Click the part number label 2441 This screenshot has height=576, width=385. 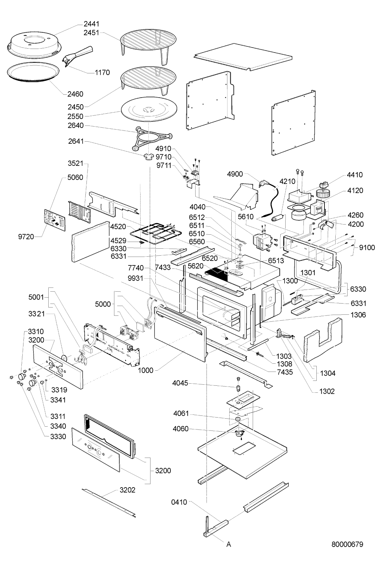[x=91, y=24]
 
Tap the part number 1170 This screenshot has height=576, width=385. [x=102, y=72]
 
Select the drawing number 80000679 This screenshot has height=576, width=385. [x=348, y=545]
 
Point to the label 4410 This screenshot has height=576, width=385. [x=355, y=175]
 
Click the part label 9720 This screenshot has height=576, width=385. [x=26, y=237]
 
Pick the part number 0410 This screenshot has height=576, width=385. [x=179, y=503]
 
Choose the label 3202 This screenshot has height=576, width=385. [x=127, y=490]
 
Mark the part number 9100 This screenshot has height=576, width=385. [x=367, y=248]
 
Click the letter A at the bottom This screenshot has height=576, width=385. [x=228, y=545]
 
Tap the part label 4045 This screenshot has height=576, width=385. [x=180, y=383]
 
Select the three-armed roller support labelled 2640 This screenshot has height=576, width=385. [x=148, y=138]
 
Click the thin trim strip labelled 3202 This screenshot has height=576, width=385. [x=108, y=503]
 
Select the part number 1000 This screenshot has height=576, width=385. [x=146, y=370]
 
